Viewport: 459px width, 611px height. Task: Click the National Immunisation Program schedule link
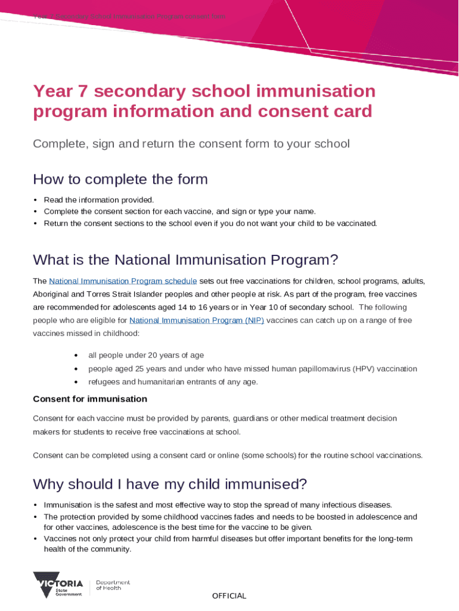pos(123,281)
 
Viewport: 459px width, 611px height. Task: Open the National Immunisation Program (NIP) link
pos(196,320)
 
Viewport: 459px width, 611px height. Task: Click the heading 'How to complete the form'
pos(120,179)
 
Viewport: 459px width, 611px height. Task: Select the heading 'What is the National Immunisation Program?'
pos(185,260)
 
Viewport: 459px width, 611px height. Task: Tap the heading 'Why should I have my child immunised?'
pos(170,483)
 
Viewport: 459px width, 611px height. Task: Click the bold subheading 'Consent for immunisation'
pos(89,399)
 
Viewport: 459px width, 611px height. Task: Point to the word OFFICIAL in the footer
pos(229,595)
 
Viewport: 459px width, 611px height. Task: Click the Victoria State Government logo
pos(58,585)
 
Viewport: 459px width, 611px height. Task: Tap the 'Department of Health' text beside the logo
pos(113,585)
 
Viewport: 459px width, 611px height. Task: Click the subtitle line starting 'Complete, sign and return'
pos(191,144)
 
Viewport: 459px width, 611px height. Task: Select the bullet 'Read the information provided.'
pos(99,200)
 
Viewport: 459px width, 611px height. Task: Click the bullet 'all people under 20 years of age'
pos(146,356)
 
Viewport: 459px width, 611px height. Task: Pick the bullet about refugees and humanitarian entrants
pos(173,382)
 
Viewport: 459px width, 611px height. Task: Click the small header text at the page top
pos(129,17)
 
